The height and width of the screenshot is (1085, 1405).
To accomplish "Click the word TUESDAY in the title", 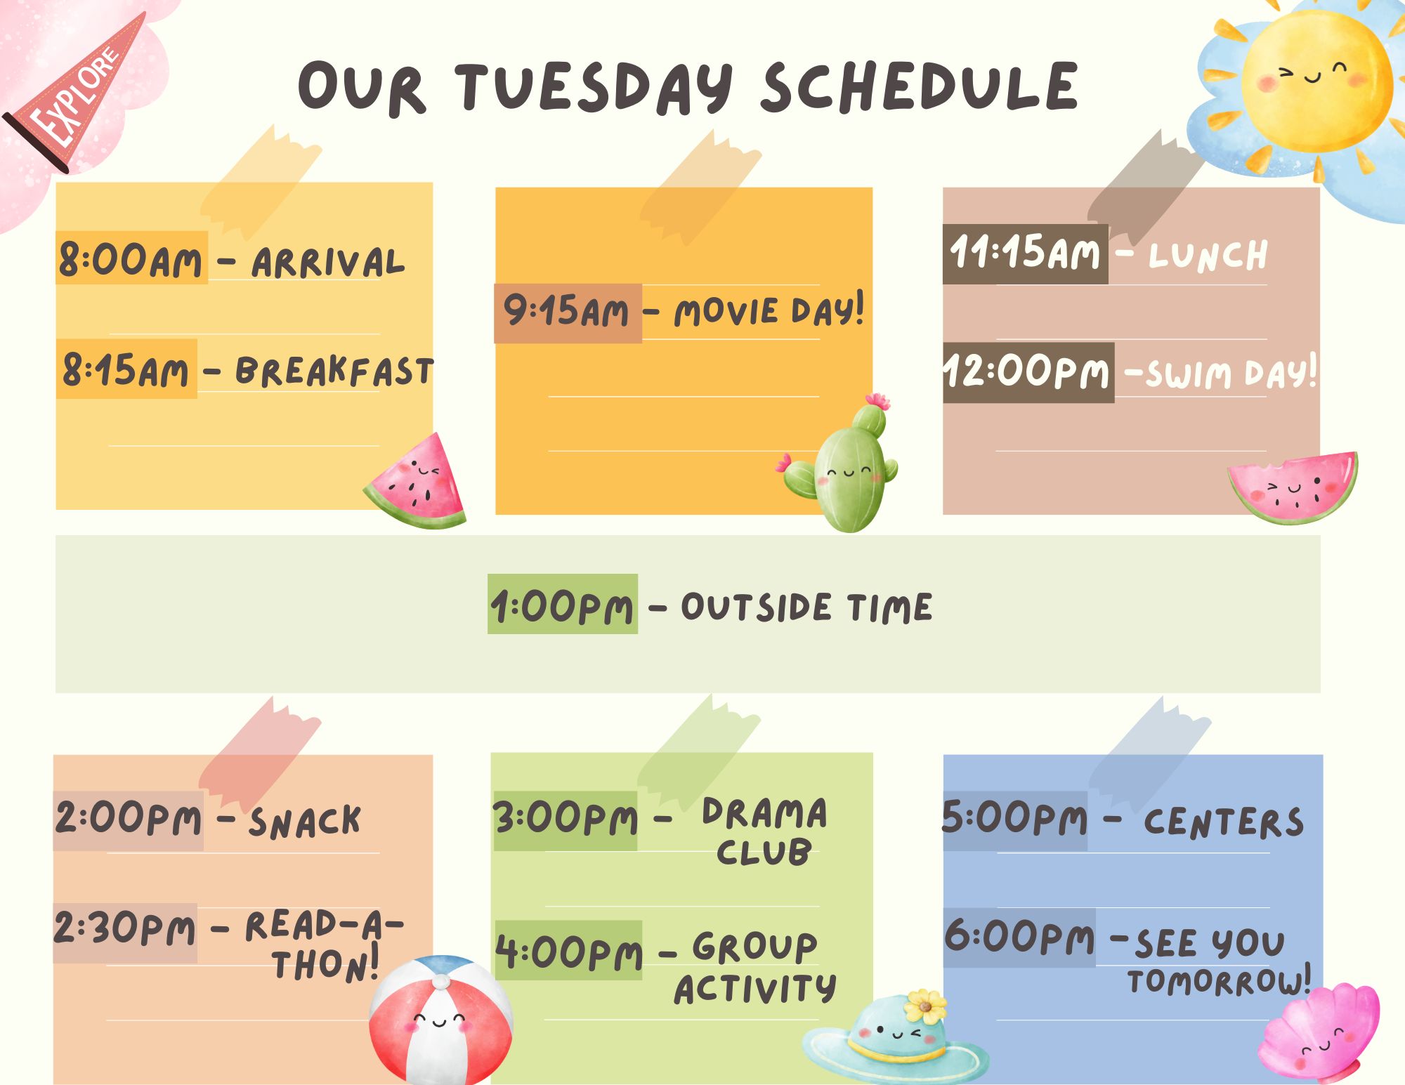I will coord(594,88).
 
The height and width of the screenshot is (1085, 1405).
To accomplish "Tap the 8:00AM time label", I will coord(131,258).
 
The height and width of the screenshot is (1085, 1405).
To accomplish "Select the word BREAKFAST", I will coord(334,371).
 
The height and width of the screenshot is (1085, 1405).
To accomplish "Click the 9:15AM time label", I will coord(567,313).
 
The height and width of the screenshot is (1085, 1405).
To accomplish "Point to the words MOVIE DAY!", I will coord(769,311).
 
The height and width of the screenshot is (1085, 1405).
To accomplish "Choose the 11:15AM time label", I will coord(1025,254).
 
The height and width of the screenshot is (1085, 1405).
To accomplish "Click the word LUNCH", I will coord(1208,256).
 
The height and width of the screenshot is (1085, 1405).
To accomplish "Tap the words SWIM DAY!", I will coord(1231,373).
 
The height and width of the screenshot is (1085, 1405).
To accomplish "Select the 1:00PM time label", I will coord(562,605).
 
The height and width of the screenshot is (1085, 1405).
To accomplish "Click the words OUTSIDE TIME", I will coord(806,607).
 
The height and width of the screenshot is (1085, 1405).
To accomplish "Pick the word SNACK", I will coord(305,822).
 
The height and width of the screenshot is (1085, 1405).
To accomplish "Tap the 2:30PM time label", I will coord(125,930).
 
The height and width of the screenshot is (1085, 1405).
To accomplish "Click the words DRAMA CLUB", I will coord(764,832).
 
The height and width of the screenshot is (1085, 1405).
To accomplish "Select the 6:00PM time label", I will coord(1019,937).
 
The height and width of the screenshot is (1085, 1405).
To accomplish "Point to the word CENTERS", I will coord(1223,822).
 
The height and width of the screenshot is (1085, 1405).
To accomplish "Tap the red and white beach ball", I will coord(440,1020).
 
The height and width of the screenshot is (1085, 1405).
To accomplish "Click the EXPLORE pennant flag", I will coord(77,95).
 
